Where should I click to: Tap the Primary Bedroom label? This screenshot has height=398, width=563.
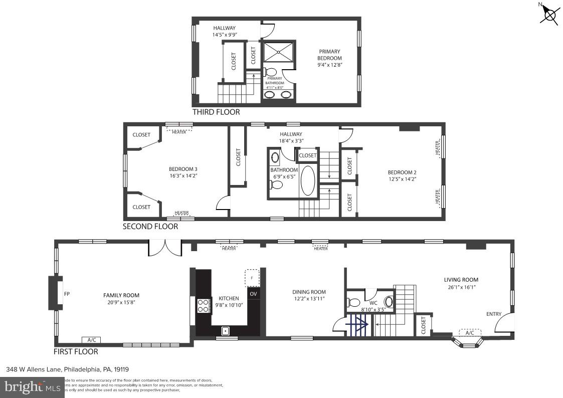(x=330, y=55)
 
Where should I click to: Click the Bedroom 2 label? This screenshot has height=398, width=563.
(x=402, y=172)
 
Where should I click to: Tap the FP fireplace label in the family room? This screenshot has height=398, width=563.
(x=67, y=294)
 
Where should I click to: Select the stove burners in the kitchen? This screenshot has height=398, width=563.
(x=203, y=305)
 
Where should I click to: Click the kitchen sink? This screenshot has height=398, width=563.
(x=226, y=330)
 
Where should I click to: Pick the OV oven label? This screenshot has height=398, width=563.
(x=254, y=294)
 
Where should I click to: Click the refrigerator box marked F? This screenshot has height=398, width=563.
(x=252, y=277)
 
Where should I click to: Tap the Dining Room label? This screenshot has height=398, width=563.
(x=309, y=292)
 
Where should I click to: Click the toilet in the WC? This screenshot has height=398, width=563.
(x=354, y=302)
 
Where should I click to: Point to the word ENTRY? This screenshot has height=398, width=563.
(x=493, y=314)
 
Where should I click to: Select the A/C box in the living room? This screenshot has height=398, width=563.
(x=469, y=332)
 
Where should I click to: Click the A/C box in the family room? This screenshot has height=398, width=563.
(x=91, y=340)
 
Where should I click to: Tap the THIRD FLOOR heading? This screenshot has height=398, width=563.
(x=216, y=112)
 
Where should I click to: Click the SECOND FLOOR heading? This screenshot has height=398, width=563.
(x=150, y=227)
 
